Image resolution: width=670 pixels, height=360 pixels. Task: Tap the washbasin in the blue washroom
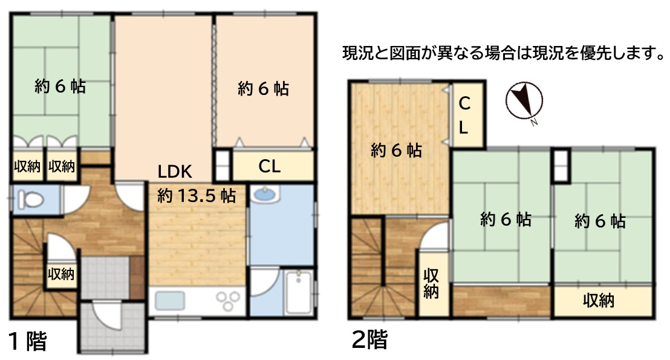click(265, 195)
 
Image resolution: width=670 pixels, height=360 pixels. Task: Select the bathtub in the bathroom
click(299, 292)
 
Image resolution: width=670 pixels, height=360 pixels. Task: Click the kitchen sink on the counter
click(170, 301)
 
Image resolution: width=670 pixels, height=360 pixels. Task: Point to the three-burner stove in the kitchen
click(227, 301)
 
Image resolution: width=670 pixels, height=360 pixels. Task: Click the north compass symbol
click(524, 101)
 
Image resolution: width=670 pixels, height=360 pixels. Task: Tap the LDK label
click(175, 172)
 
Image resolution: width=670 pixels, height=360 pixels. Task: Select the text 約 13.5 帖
click(197, 196)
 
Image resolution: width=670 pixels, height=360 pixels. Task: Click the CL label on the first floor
click(270, 166)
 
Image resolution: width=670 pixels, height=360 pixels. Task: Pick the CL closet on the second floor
click(468, 114)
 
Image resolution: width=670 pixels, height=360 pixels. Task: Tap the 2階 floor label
click(369, 339)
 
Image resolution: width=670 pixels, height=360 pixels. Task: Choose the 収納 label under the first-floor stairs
click(61, 273)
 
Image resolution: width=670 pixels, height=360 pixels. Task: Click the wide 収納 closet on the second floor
click(603, 301)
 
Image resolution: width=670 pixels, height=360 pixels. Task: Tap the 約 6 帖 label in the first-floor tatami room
click(60, 87)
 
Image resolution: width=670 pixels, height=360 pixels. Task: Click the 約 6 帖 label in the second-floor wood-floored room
click(397, 150)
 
